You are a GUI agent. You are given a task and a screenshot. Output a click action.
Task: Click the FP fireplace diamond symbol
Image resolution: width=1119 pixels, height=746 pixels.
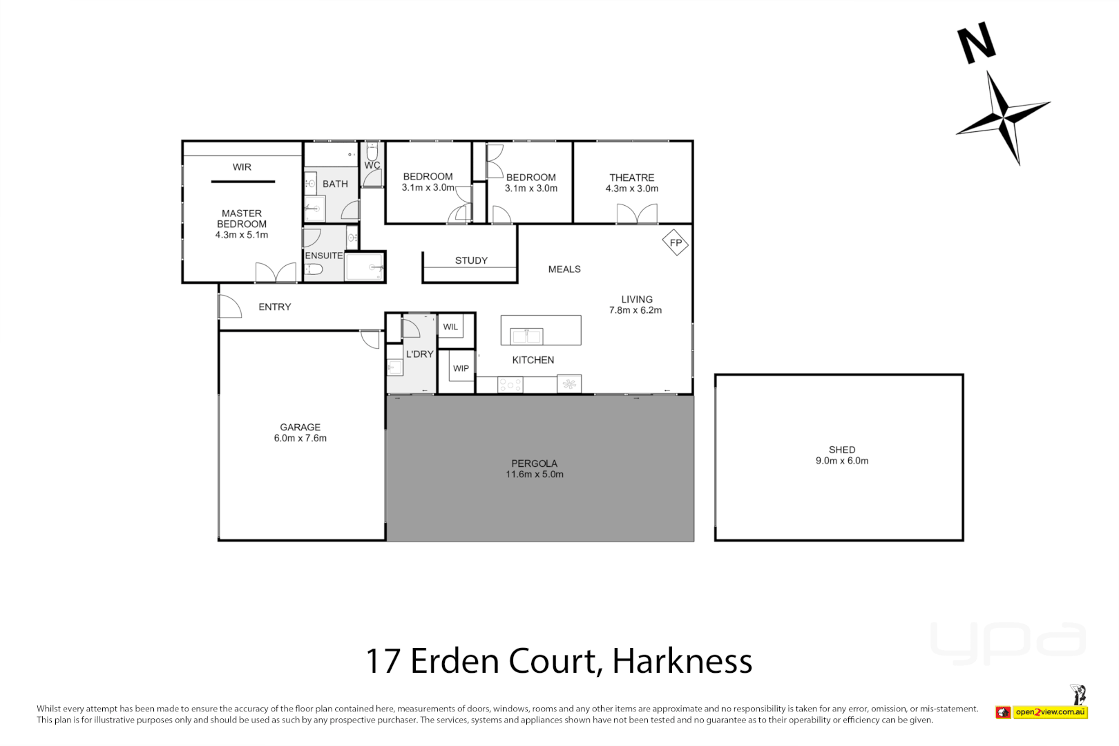click(x=675, y=242)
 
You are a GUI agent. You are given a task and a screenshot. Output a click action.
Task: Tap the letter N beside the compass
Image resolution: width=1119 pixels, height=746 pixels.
click(x=976, y=43)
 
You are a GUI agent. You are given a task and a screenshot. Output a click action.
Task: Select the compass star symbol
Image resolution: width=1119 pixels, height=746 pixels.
click(x=1004, y=117)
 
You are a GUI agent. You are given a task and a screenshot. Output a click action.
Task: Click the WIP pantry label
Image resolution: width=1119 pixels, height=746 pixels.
click(x=461, y=369)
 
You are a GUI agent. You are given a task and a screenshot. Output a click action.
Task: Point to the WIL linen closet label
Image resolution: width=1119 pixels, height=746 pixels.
click(x=450, y=327)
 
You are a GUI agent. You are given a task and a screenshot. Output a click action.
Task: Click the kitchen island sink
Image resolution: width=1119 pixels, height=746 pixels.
click(x=526, y=336)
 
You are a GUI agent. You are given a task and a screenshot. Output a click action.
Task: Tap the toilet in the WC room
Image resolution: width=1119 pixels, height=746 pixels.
click(x=372, y=151)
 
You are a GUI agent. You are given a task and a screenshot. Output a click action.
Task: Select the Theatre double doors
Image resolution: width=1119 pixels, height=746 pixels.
click(x=637, y=214)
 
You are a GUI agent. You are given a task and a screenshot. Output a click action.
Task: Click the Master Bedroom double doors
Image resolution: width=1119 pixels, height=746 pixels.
click(x=276, y=272)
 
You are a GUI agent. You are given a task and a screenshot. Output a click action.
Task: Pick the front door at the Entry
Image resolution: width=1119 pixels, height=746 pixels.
click(x=229, y=306)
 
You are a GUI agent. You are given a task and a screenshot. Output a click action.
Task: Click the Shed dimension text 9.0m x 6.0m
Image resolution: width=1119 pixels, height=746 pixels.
click(x=841, y=461)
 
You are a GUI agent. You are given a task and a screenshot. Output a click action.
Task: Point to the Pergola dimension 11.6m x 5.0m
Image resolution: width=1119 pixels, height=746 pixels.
click(x=534, y=475)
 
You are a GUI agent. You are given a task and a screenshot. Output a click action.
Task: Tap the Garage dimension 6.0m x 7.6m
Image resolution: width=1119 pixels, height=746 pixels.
click(x=300, y=438)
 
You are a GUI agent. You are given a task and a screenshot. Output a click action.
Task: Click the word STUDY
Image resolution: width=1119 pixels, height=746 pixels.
click(x=471, y=260)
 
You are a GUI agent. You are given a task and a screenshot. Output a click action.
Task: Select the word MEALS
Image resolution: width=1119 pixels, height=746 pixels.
click(x=564, y=269)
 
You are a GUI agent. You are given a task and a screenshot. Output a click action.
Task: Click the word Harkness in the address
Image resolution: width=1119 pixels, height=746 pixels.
click(x=682, y=661)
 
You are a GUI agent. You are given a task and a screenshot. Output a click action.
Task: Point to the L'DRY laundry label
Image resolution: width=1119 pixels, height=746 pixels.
click(x=419, y=354)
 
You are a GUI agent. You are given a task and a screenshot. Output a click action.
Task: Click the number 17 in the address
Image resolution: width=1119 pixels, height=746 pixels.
click(x=383, y=661)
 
